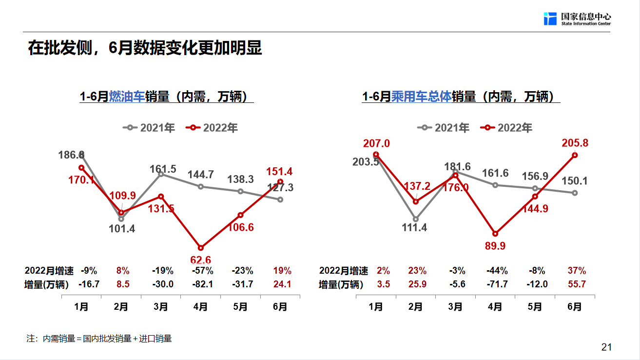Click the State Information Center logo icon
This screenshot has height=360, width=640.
point(550,19)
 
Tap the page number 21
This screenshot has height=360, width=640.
point(606,347)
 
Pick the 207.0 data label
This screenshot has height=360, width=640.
point(376,143)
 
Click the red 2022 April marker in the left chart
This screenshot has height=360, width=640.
point(200,248)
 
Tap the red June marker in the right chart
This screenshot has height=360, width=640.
point(575,155)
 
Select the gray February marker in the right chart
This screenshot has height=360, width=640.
point(416,219)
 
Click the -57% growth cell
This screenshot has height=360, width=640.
point(200,271)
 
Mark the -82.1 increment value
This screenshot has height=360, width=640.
point(200,284)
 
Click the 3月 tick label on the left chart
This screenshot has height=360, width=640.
point(160,307)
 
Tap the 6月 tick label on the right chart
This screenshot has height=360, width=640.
point(575,307)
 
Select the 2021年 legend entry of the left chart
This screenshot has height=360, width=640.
point(149,128)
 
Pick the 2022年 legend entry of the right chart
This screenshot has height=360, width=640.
point(506,128)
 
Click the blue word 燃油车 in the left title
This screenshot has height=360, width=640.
point(127,97)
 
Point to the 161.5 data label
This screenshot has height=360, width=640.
point(163,169)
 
